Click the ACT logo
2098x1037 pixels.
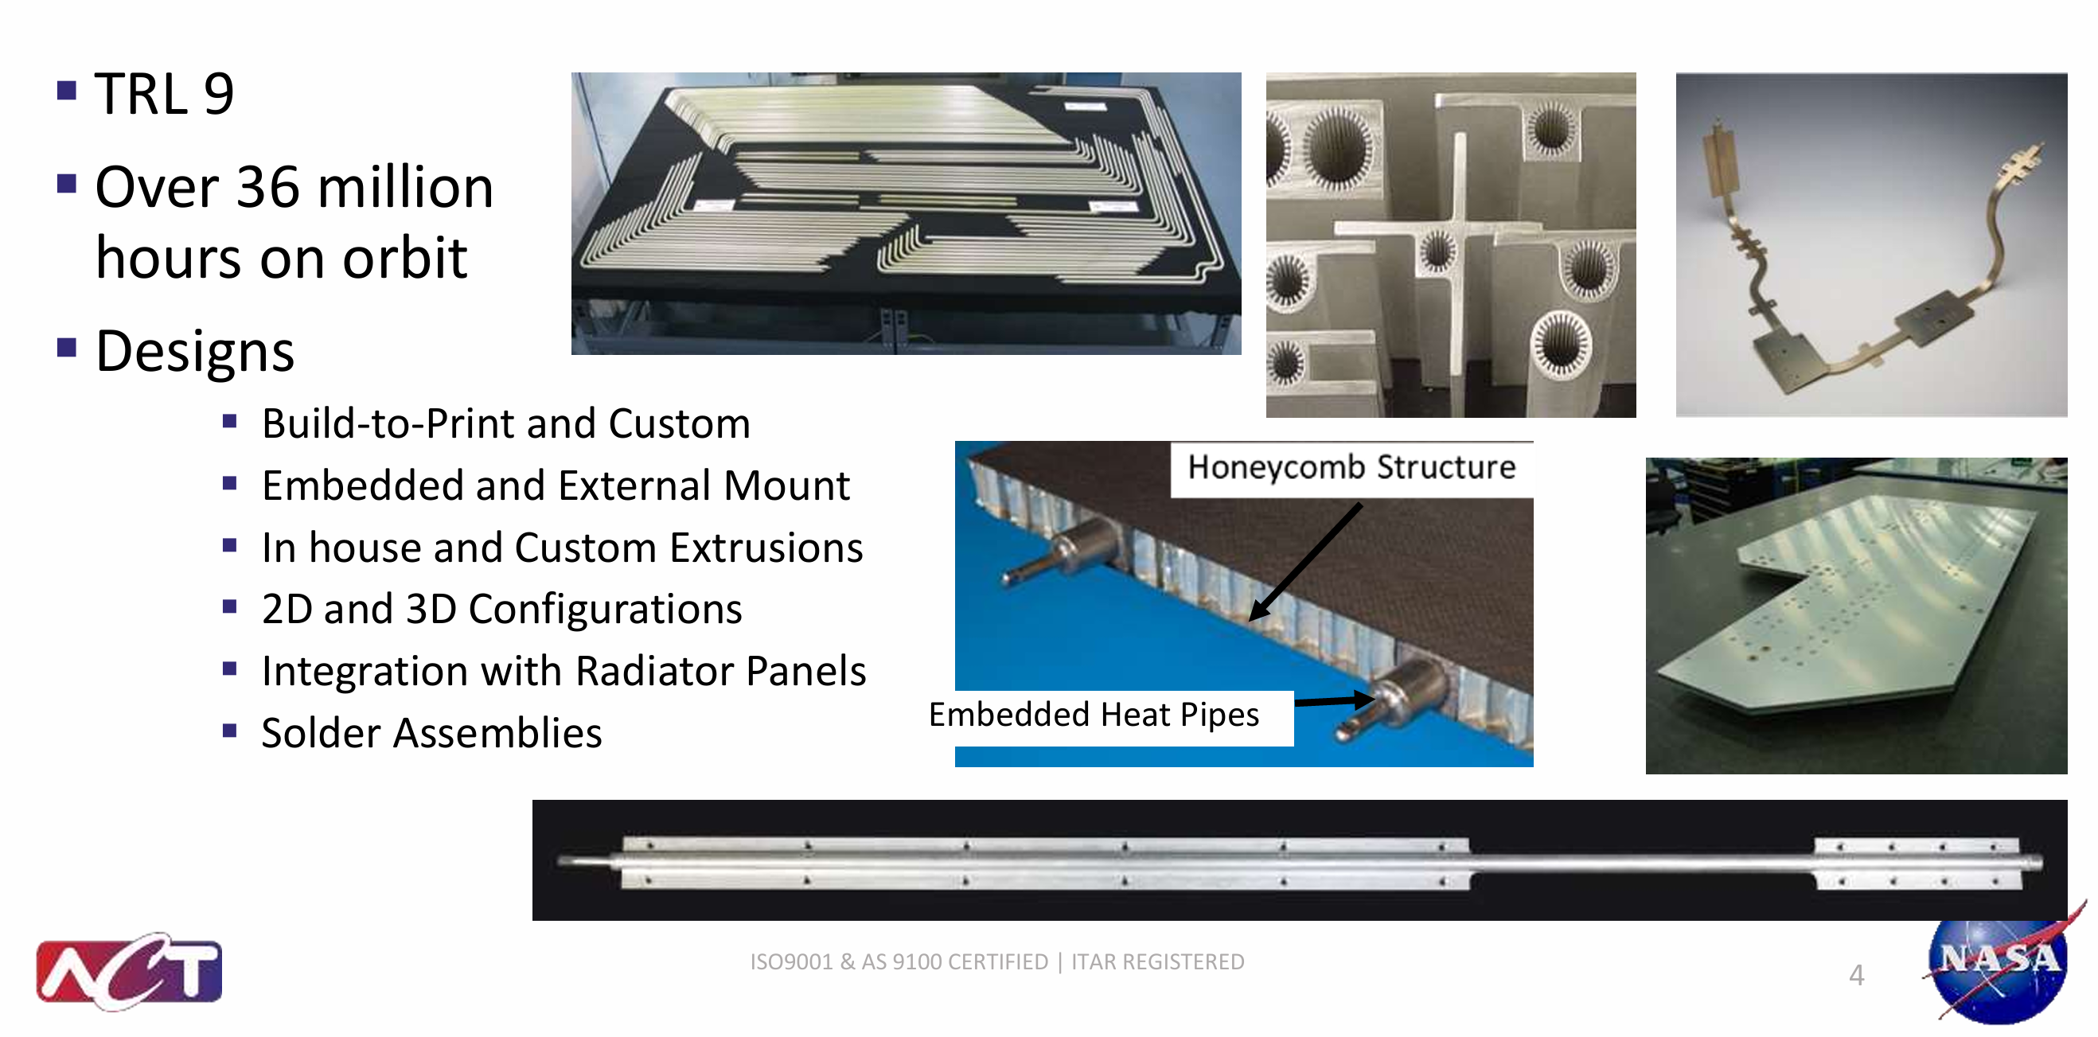click(130, 972)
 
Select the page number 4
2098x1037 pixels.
click(1856, 975)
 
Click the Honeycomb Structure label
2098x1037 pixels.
click(1351, 468)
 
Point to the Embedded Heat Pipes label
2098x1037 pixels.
click(1094, 715)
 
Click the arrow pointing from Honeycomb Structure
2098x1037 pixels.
click(1305, 562)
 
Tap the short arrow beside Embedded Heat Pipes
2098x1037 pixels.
click(1334, 700)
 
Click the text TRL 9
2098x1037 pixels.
click(165, 93)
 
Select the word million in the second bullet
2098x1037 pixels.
click(406, 187)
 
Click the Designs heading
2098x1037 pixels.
click(195, 352)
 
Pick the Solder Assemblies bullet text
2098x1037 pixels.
click(431, 733)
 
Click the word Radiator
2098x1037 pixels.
click(665, 671)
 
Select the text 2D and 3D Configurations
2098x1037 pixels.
click(501, 610)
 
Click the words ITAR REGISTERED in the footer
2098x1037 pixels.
click(1157, 962)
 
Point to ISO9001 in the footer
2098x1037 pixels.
click(791, 962)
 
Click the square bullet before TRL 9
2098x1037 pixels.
click(67, 90)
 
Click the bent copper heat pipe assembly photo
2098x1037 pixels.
click(1871, 245)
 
